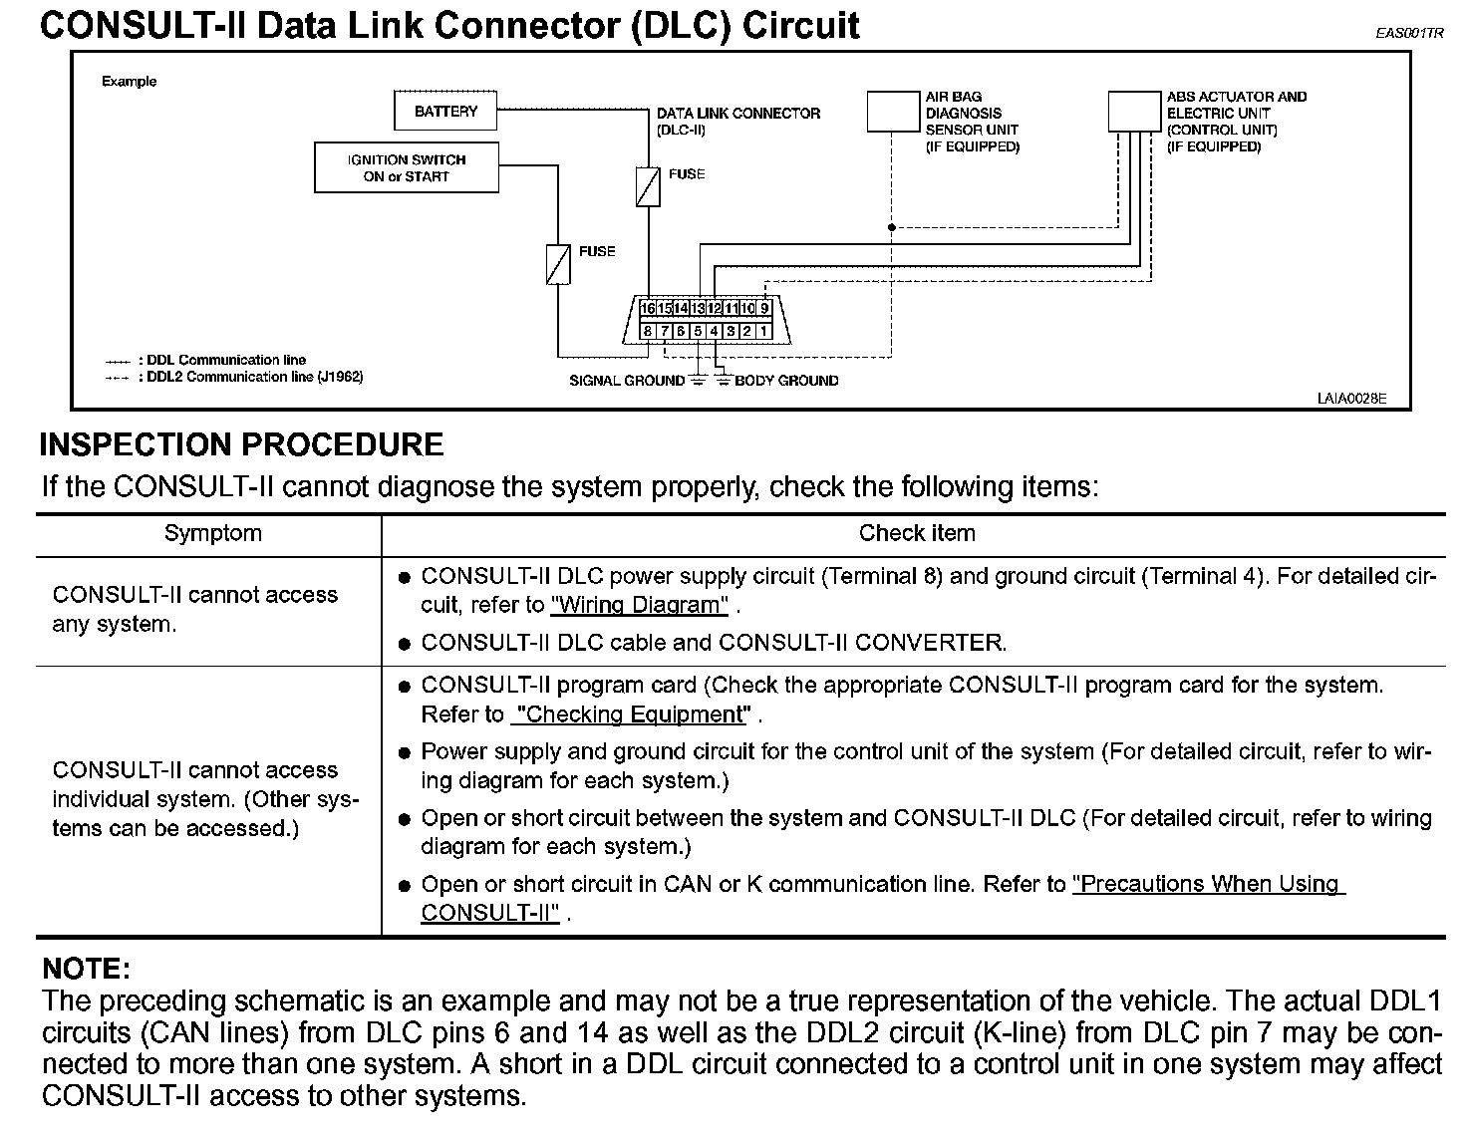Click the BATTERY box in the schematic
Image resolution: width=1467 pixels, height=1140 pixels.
click(445, 112)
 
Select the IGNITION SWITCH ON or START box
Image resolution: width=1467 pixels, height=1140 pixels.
click(407, 167)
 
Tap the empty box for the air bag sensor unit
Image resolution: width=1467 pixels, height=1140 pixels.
click(892, 112)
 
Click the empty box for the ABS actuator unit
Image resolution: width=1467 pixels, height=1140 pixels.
click(1134, 112)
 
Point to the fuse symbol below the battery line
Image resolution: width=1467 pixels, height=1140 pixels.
click(648, 186)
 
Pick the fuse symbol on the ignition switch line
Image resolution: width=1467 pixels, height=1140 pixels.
click(558, 264)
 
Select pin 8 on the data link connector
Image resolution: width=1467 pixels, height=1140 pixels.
click(648, 331)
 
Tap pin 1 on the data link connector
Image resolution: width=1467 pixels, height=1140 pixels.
click(763, 331)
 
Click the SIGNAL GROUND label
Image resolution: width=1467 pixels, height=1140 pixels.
click(626, 381)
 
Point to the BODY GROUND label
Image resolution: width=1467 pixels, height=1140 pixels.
click(786, 381)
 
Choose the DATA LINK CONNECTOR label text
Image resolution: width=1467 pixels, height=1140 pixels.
click(737, 114)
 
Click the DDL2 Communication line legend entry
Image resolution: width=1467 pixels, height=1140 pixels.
click(254, 377)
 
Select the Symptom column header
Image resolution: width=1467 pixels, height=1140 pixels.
click(212, 534)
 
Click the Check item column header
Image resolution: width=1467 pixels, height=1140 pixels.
click(917, 534)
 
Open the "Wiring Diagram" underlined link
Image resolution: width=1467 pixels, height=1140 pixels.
click(639, 605)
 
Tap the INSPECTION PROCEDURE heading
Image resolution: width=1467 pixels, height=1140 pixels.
click(241, 444)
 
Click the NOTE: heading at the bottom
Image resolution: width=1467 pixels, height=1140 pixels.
click(87, 969)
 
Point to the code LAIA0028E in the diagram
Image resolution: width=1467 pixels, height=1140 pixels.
click(1350, 399)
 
